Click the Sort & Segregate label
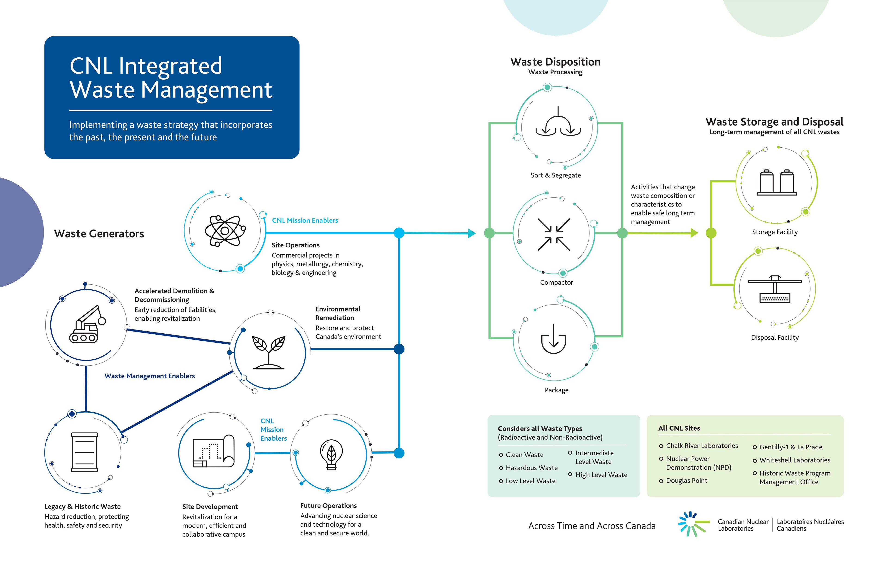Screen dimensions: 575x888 (x=555, y=175)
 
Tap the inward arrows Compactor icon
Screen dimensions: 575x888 (x=553, y=234)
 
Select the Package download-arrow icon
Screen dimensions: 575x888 (x=553, y=339)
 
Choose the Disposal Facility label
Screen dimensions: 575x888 (x=775, y=338)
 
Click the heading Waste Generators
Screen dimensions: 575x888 (x=99, y=234)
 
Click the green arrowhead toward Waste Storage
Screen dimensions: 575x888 (x=694, y=233)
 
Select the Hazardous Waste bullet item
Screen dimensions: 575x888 (x=531, y=468)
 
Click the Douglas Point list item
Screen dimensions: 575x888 (x=687, y=481)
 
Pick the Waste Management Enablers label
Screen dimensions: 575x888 (x=150, y=376)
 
